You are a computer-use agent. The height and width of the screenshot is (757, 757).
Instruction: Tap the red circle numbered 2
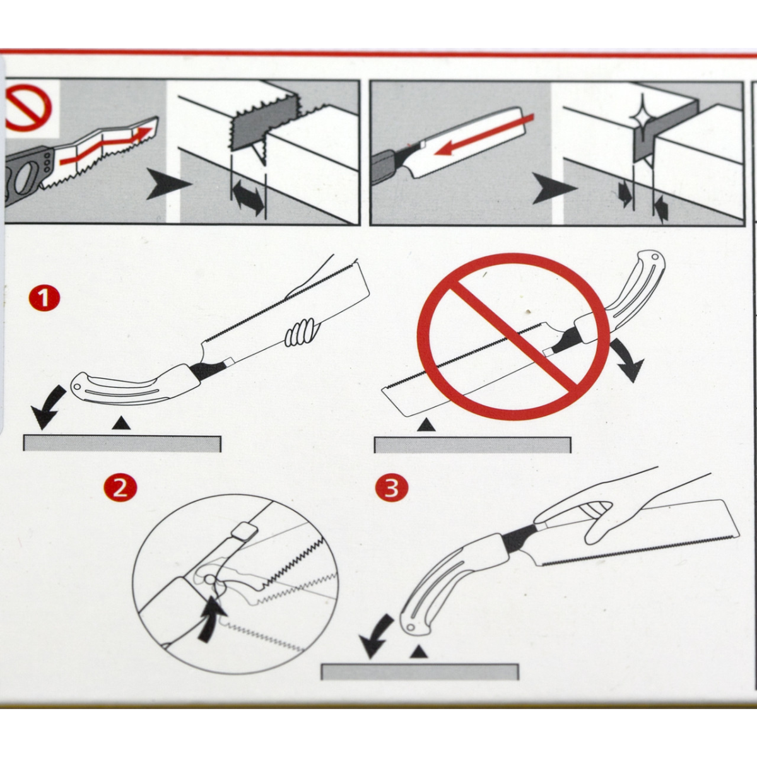coord(120,488)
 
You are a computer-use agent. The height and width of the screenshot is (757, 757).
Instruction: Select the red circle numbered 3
coord(392,488)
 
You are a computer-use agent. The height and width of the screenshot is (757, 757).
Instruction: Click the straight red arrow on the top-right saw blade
coord(484,135)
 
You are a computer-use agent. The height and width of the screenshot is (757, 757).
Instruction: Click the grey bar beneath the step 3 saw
coord(420,672)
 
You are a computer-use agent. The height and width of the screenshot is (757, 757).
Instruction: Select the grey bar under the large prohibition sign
coord(472,445)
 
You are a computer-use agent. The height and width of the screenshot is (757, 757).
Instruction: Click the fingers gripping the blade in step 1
coord(302,332)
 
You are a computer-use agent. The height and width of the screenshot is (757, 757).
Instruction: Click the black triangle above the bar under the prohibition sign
coord(426,425)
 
